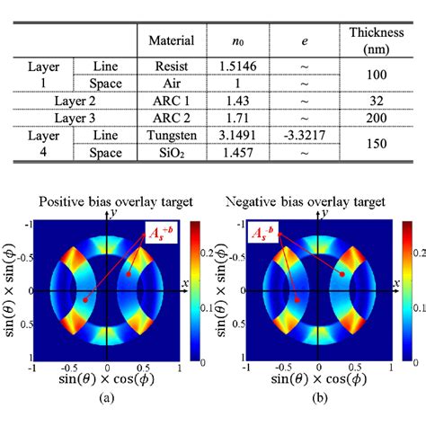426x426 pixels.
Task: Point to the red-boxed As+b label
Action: [164, 237]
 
